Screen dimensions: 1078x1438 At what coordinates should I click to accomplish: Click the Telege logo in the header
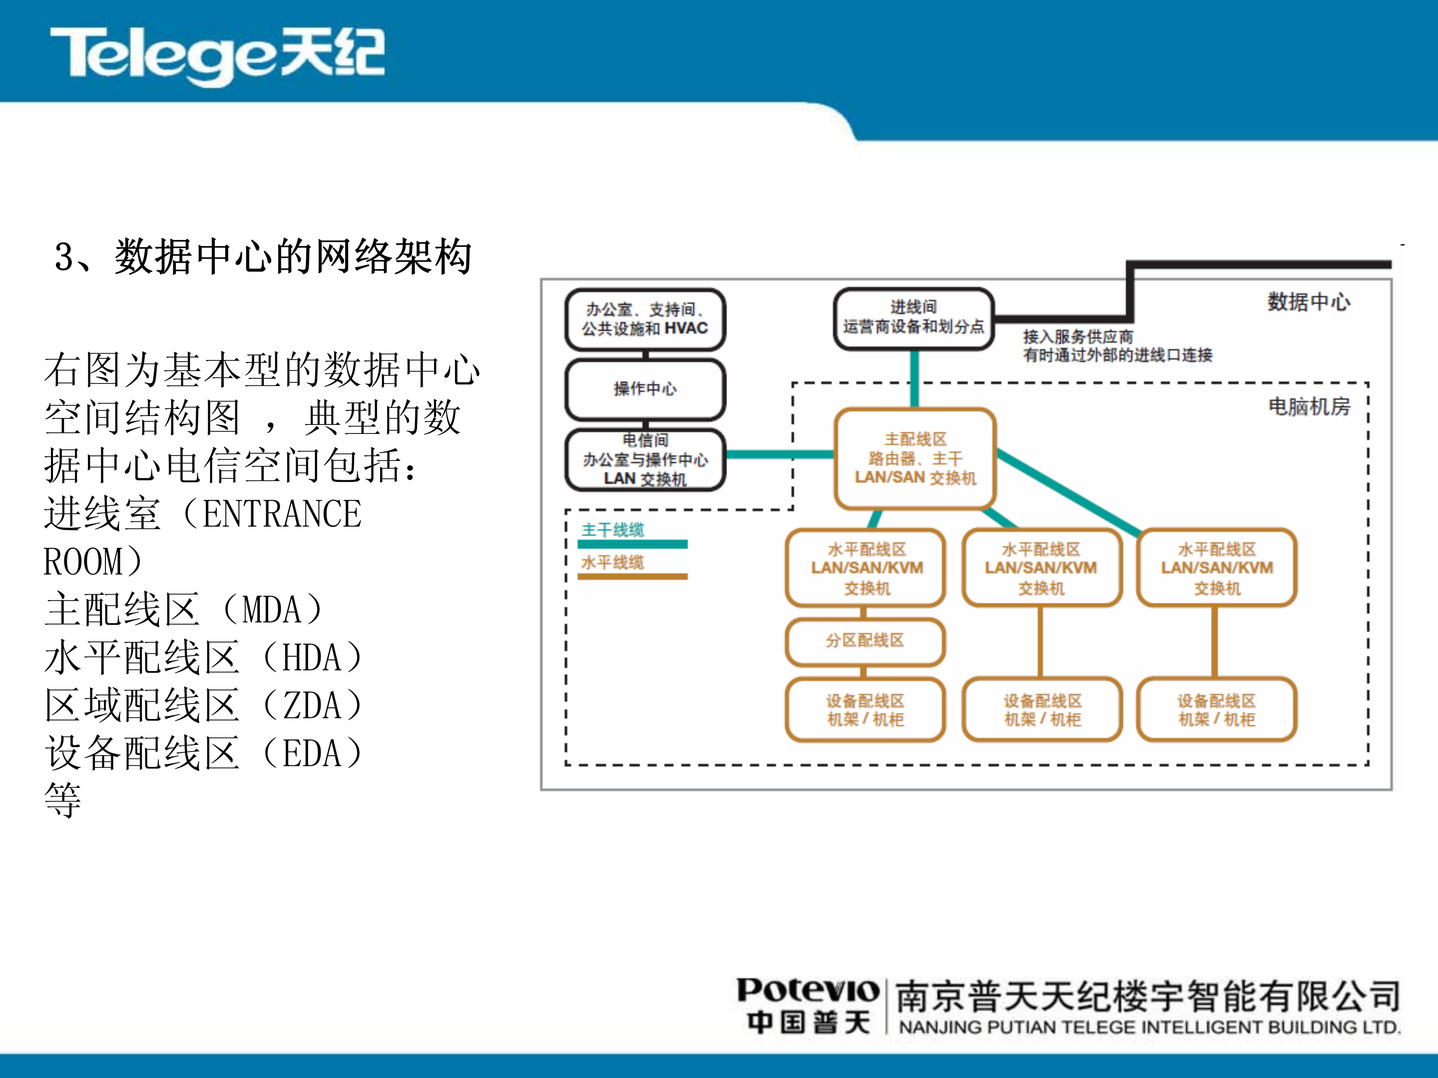point(218,55)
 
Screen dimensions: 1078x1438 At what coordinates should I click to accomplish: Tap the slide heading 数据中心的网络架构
point(293,257)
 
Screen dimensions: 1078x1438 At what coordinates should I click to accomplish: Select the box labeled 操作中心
point(645,388)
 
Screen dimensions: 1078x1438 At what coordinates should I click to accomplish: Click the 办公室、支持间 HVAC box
point(645,319)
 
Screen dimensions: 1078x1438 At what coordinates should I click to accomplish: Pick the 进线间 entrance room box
point(914,318)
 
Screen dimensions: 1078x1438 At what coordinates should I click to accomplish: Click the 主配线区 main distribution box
point(915,458)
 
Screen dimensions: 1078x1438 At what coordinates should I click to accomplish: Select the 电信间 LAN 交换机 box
point(645,459)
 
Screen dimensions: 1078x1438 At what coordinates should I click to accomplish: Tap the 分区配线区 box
point(865,641)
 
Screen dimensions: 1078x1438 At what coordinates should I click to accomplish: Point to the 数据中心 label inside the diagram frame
point(1308,302)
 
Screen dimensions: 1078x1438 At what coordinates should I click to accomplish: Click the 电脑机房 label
point(1309,407)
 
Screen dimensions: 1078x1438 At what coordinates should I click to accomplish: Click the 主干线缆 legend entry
point(612,530)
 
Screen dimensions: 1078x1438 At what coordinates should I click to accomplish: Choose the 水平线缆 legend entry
point(612,562)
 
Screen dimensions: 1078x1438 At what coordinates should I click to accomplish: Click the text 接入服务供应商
point(1078,337)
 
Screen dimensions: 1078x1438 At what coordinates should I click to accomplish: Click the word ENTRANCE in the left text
point(282,514)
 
